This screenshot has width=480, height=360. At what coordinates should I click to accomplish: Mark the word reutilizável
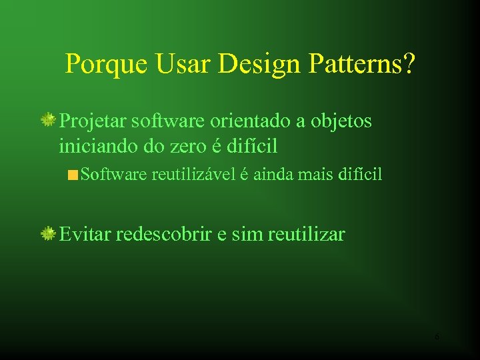tap(193, 175)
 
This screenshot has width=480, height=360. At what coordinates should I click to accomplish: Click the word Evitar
tap(85, 234)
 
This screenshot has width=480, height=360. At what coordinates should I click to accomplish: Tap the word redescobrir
tap(164, 234)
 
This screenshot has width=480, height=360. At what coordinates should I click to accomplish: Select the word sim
tap(247, 234)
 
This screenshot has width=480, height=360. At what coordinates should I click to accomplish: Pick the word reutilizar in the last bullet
tap(306, 234)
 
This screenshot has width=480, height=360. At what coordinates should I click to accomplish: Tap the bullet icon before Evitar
tap(48, 233)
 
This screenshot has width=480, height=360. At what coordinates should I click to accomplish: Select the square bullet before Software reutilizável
tap(72, 176)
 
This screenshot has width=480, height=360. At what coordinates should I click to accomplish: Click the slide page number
tap(437, 337)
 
